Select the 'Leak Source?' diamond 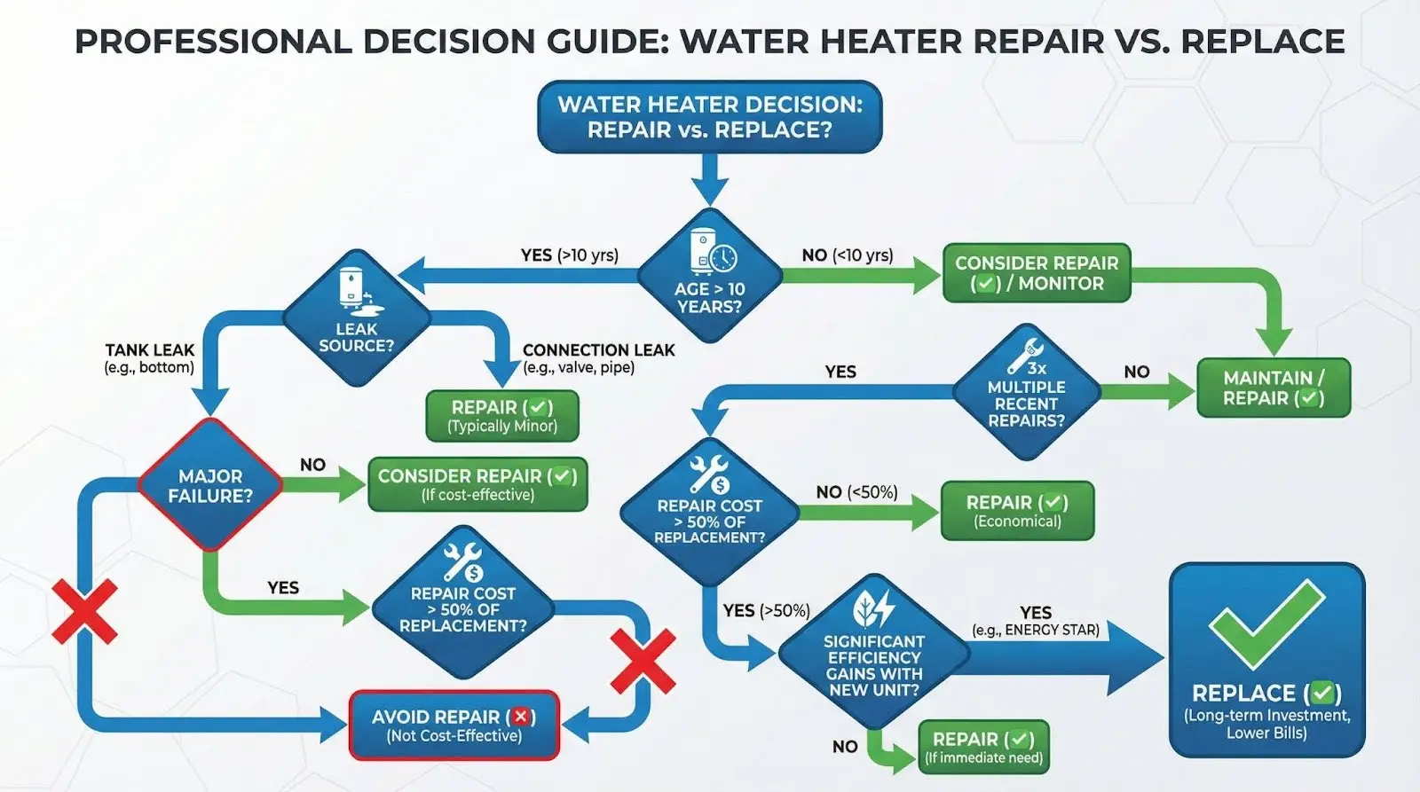(x=356, y=318)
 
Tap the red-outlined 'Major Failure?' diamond (x=210, y=485)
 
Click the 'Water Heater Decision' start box (x=710, y=117)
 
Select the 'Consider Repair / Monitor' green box (x=1036, y=273)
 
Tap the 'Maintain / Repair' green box (x=1273, y=388)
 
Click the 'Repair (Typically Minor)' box (x=502, y=416)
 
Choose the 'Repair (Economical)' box (x=1017, y=511)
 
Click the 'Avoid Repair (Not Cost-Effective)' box (x=454, y=725)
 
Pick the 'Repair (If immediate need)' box (x=983, y=747)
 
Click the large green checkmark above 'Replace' (x=1266, y=622)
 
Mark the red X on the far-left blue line (x=84, y=611)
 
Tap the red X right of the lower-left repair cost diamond (x=643, y=662)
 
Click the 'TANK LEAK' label (x=149, y=350)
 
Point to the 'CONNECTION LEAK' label (x=598, y=350)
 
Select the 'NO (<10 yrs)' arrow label (x=847, y=255)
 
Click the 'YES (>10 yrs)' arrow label (x=569, y=255)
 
